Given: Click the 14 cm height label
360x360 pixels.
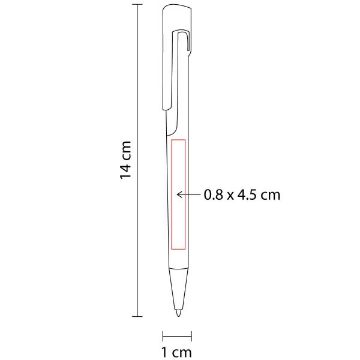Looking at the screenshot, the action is [x=125, y=160].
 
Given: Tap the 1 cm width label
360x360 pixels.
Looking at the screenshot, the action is [x=176, y=352].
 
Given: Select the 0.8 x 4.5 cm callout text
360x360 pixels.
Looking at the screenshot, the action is [x=242, y=195].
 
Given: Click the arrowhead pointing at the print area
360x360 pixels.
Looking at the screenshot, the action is [x=179, y=194].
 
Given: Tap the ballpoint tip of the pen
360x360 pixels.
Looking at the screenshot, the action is [x=179, y=313].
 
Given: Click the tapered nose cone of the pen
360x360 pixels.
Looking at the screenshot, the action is [x=179, y=289].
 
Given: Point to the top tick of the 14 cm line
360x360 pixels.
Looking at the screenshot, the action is [x=137, y=4].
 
